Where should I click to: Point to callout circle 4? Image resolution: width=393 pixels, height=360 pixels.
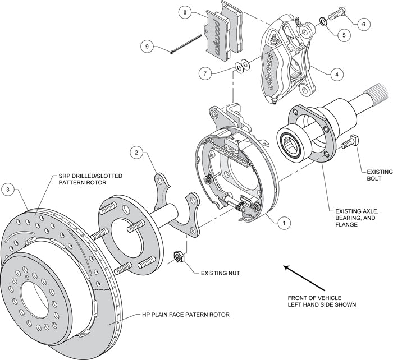pos(336,73)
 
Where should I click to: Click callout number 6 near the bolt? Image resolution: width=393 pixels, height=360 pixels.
pos(363,24)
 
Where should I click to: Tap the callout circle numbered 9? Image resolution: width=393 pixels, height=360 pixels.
pos(148,48)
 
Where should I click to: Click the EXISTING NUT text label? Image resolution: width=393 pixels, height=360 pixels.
pos(222,273)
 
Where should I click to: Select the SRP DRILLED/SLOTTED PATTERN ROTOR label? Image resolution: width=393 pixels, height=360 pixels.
pos(90,179)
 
